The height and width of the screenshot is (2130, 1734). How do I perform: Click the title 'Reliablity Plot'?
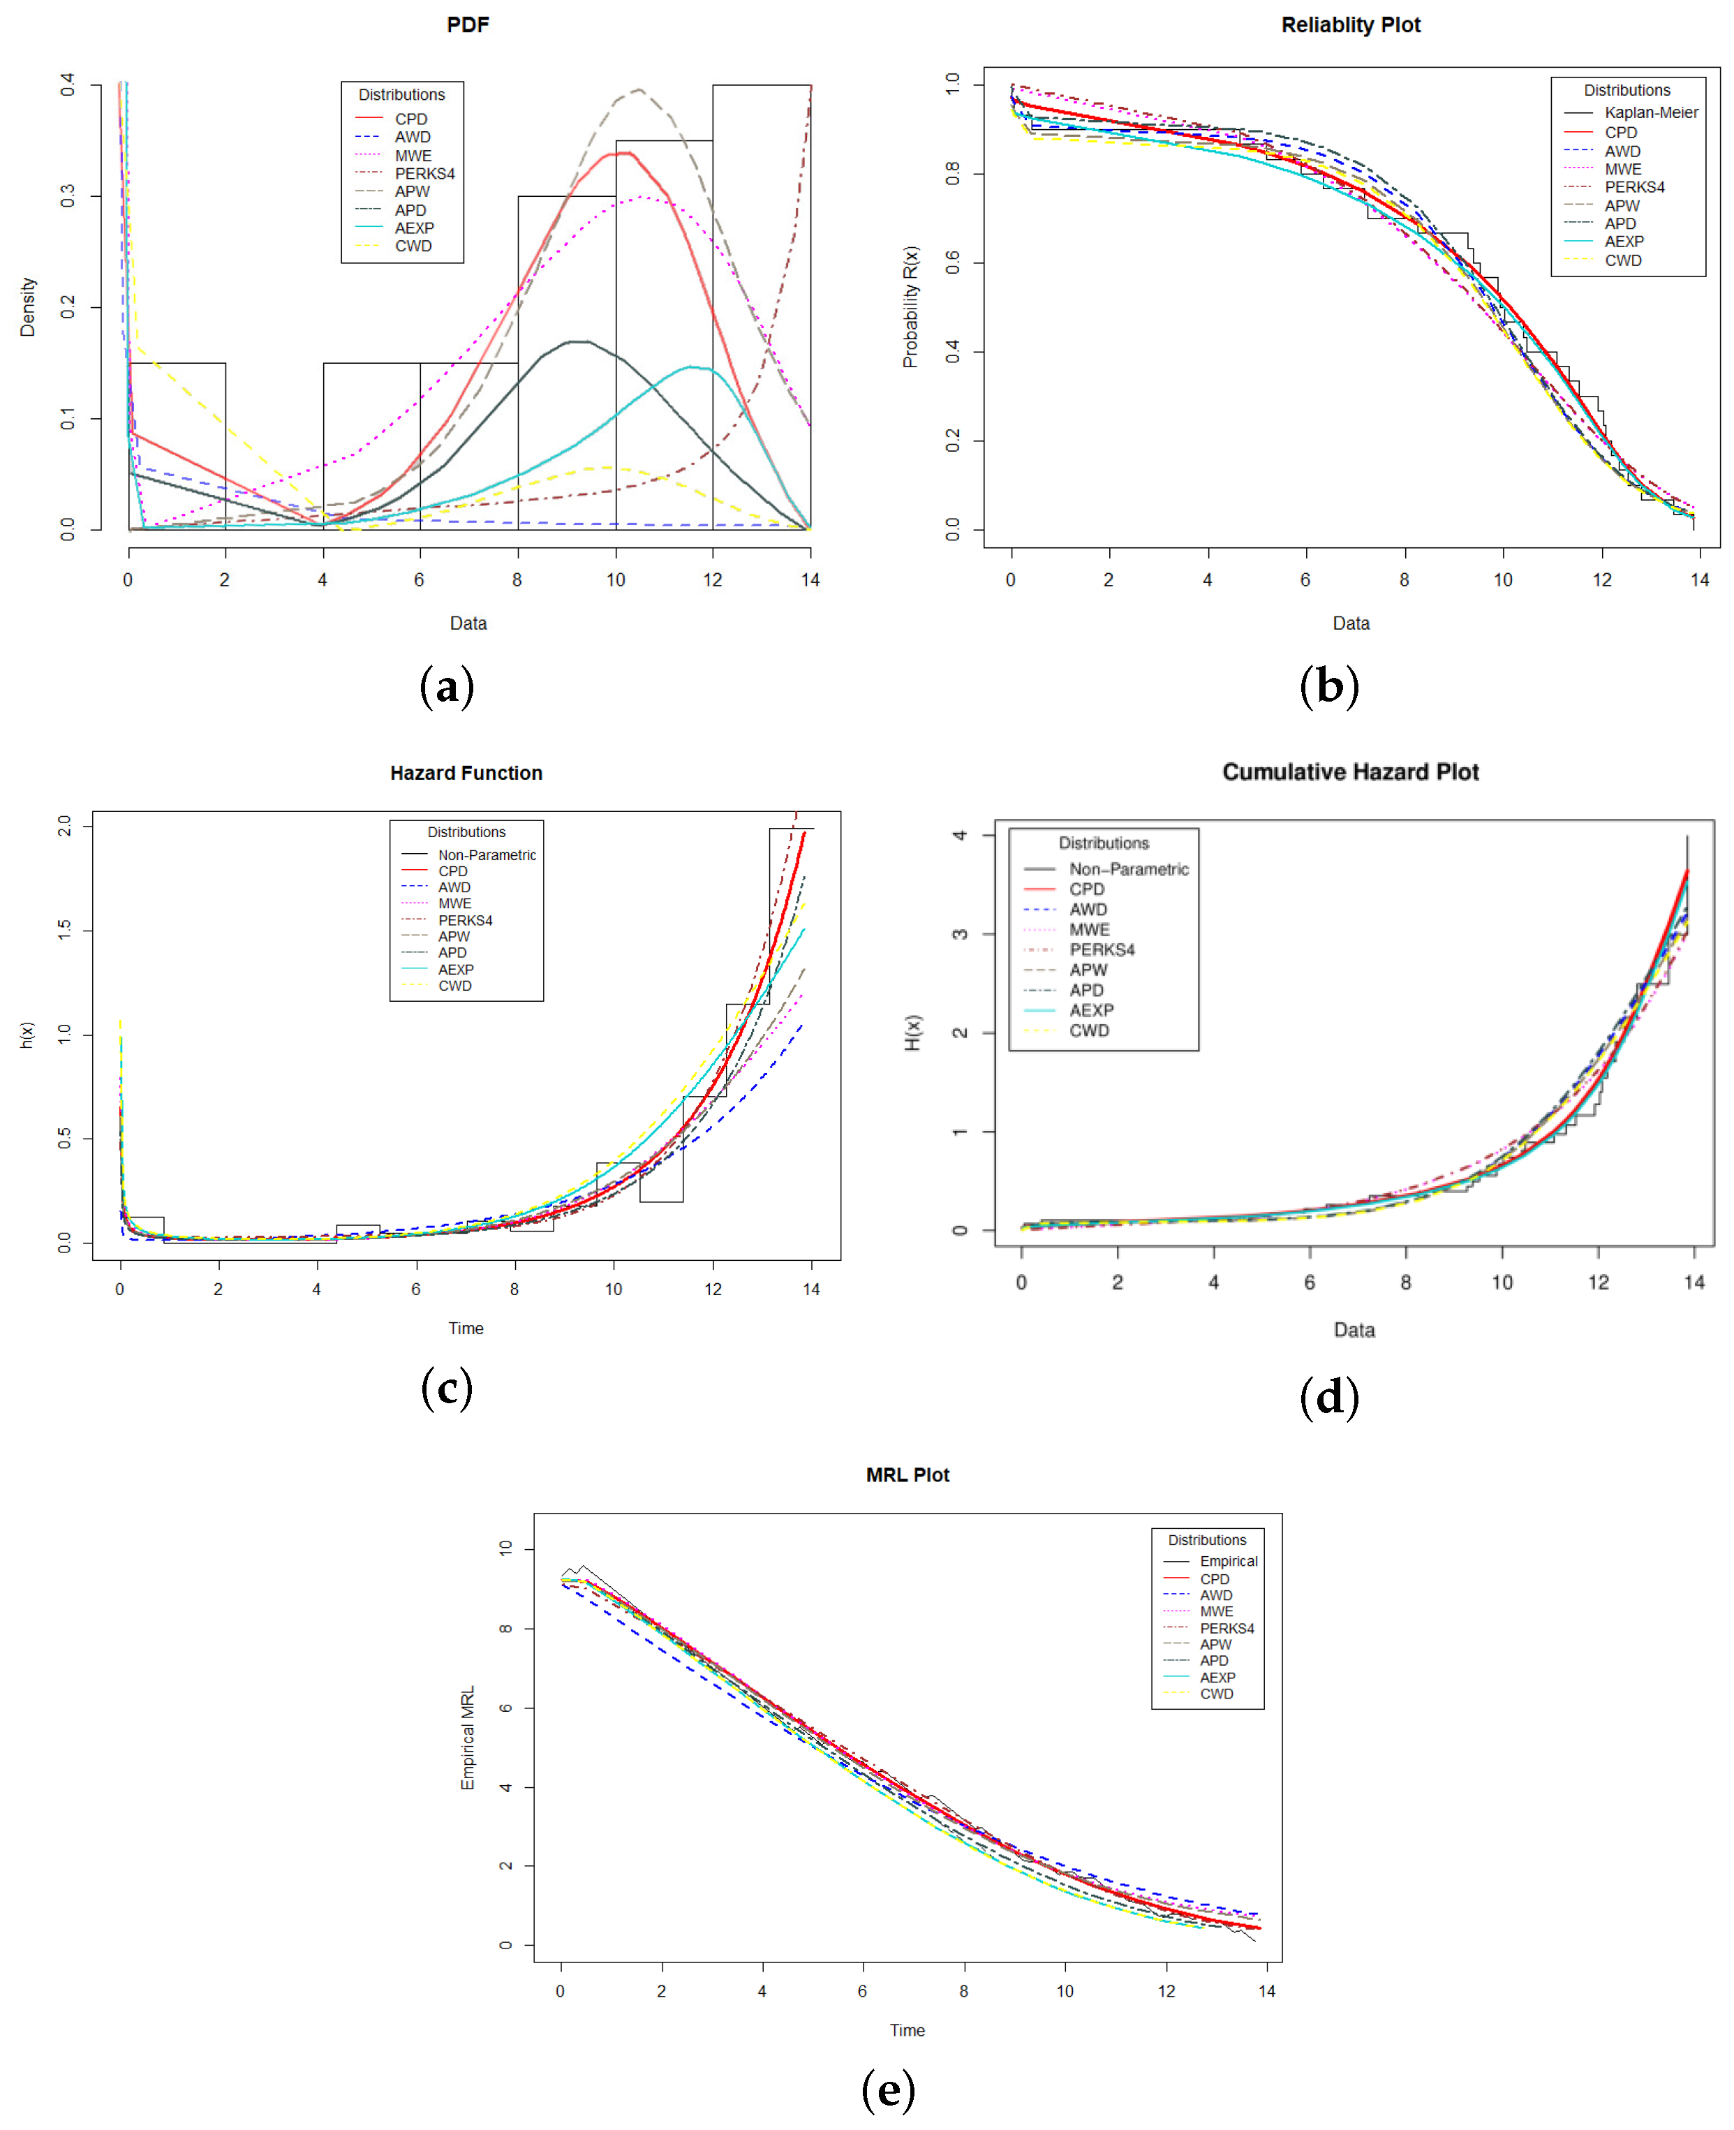[1351, 25]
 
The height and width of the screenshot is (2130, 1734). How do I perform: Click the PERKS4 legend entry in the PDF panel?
[424, 174]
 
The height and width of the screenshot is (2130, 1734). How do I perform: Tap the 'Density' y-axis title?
[28, 306]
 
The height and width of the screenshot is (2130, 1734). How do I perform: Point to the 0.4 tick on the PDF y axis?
[67, 85]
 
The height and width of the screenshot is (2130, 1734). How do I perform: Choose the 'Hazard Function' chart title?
[466, 774]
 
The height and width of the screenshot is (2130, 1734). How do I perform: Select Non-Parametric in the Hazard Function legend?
[487, 855]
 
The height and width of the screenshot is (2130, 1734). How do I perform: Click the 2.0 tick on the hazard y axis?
[65, 826]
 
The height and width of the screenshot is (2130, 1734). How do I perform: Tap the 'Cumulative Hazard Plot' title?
[1351, 772]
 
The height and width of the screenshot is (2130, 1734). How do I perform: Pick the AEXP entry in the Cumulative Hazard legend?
[1091, 1010]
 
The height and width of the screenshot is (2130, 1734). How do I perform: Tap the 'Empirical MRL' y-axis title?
[468, 1738]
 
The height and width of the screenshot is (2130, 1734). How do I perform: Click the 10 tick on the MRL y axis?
[506, 1548]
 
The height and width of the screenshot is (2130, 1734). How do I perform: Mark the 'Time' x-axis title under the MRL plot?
[907, 2031]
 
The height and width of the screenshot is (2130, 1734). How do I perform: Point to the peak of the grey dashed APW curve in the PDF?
[637, 89]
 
